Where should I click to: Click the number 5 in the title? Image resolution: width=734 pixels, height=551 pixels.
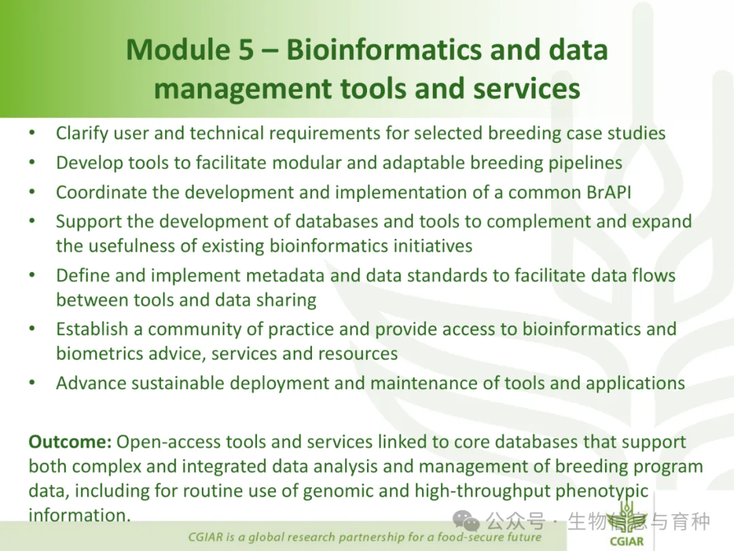pyautogui.click(x=245, y=50)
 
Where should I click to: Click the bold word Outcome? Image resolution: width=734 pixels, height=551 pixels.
pyautogui.click(x=70, y=442)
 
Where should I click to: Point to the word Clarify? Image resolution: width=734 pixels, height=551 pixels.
pyautogui.click(x=82, y=133)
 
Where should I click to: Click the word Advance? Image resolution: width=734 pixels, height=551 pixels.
pyautogui.click(x=90, y=383)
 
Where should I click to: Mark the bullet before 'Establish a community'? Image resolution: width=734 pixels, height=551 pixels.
pyautogui.click(x=32, y=329)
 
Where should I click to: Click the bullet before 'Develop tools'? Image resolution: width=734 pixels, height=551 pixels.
pyautogui.click(x=32, y=163)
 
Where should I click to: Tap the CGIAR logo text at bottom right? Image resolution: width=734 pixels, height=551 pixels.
pyautogui.click(x=627, y=541)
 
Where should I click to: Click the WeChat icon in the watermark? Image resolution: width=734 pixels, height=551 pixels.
pyautogui.click(x=466, y=520)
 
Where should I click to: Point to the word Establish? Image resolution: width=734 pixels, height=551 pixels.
pyautogui.click(x=92, y=329)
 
